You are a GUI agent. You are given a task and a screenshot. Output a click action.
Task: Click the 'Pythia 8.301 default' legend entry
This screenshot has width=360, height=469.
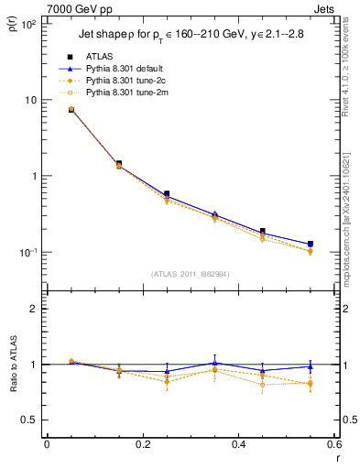pos(128,69)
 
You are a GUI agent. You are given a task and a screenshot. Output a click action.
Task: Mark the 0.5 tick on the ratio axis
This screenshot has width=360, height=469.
pos(31,420)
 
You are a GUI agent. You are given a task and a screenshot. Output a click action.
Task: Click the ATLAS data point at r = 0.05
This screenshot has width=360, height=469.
pos(71,109)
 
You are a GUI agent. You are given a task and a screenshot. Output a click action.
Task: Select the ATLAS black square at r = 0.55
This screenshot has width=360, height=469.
pos(310,244)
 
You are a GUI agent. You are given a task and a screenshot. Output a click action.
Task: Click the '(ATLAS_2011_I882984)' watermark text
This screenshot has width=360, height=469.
pos(191,274)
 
